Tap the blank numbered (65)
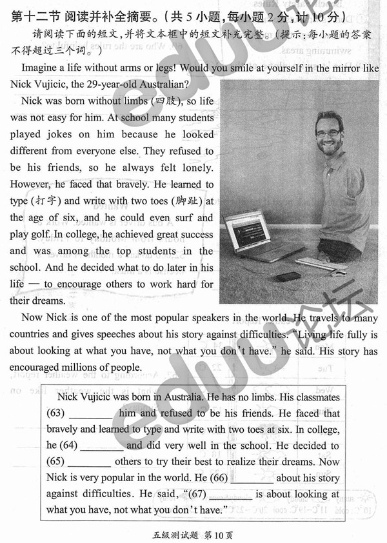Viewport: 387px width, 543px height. tap(89, 462)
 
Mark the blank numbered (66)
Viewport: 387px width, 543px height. tap(252, 479)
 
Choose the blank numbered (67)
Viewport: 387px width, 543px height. tap(230, 495)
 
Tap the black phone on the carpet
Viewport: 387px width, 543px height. tap(288, 276)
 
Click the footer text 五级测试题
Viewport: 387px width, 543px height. tap(174, 534)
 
